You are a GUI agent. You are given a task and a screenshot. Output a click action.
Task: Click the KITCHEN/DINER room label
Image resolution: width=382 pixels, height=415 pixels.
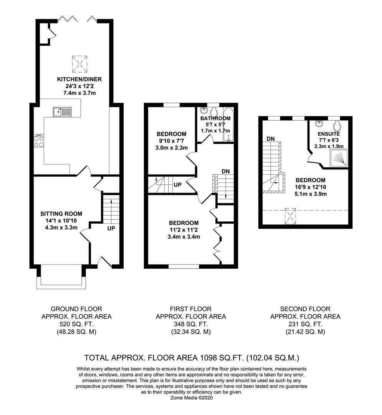pos(74,79)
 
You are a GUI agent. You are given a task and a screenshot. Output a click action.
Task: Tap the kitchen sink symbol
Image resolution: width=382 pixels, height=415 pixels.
pos(62,112)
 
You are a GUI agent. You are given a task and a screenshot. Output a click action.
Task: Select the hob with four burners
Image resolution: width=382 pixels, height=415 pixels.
pos(38,141)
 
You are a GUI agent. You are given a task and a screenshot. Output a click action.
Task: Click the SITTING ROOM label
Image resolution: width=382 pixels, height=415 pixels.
pos(61,214)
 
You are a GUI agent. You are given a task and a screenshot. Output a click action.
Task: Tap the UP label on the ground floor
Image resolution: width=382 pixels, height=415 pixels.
pos(111,228)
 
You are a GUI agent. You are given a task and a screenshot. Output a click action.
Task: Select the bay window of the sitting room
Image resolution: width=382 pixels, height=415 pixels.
pos(61,278)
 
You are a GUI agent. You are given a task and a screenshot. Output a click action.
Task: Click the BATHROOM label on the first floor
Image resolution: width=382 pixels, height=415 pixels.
pos(216,118)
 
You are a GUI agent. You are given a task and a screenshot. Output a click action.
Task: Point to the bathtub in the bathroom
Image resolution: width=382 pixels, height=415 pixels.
pos(227,125)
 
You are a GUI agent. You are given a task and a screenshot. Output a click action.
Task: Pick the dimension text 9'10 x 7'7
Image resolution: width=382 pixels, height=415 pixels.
pos(172,141)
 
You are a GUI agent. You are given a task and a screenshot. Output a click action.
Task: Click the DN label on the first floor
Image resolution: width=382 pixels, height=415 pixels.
pos(225,171)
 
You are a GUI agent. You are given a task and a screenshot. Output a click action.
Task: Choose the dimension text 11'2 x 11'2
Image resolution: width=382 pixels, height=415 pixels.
pos(184,230)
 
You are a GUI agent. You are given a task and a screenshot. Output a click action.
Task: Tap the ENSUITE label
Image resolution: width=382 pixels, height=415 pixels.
pos(328,134)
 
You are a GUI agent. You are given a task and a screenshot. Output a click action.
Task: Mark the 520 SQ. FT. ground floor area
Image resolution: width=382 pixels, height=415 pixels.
pos(76,324)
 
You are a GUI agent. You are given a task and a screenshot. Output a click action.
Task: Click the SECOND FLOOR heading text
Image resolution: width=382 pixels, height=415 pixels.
pos(305,309)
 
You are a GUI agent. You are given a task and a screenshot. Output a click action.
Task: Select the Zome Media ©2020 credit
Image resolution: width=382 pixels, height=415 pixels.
pos(191,398)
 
